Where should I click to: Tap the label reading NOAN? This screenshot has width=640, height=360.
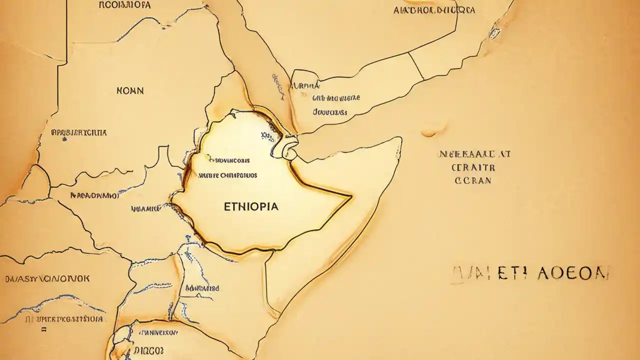(x=130, y=90)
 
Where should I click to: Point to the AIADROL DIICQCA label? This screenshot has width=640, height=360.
(x=434, y=10)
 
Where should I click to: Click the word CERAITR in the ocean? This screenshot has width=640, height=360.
(x=473, y=167)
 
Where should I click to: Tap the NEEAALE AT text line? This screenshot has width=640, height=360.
(x=474, y=154)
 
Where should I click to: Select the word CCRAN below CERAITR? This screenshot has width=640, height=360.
(x=473, y=180)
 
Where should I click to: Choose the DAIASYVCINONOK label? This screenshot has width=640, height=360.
(x=47, y=279)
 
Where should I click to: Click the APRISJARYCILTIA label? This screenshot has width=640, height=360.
(x=79, y=132)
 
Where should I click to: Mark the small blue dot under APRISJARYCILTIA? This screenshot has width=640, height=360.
(x=64, y=139)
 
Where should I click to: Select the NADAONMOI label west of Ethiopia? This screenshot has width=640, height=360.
(x=94, y=195)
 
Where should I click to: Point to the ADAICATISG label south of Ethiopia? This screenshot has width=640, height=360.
(x=202, y=288)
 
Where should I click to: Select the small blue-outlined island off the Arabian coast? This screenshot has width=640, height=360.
(x=494, y=33)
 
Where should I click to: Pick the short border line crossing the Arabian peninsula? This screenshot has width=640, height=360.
(x=416, y=65)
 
